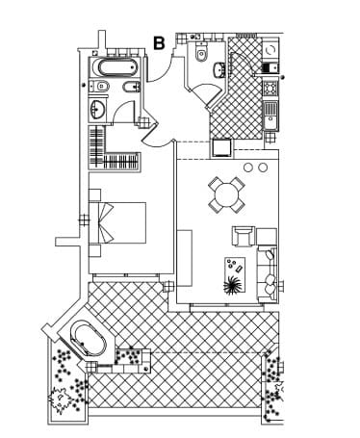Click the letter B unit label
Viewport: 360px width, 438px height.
(x=159, y=43)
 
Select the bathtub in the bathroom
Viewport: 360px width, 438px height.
(x=116, y=67)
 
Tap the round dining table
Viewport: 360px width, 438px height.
(x=227, y=194)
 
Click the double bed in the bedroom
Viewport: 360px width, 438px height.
(x=117, y=222)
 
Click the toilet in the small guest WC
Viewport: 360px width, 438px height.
(x=201, y=53)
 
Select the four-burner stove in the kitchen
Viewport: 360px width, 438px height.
(x=270, y=89)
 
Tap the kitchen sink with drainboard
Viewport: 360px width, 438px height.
(x=270, y=116)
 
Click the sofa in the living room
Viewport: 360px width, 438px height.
(x=268, y=274)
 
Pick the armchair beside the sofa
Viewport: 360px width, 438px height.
(x=244, y=236)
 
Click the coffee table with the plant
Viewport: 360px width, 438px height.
(x=235, y=275)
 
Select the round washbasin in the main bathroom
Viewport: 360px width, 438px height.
(x=97, y=109)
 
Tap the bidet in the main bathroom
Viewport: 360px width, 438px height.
(x=132, y=87)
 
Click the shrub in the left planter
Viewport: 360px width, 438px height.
(x=60, y=399)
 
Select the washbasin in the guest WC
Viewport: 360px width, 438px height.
(x=219, y=70)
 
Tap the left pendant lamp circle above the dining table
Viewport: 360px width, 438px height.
(x=247, y=167)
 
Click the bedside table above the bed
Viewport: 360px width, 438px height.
(x=95, y=195)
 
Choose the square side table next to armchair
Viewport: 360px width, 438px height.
(x=267, y=237)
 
